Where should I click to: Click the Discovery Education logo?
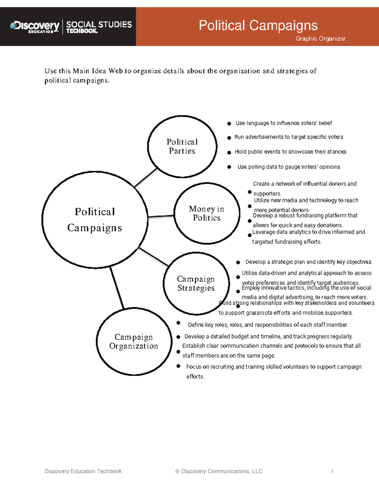click(35, 27)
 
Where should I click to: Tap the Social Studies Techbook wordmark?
click(99, 27)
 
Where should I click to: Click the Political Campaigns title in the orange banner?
click(258, 25)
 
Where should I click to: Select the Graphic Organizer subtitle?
click(320, 39)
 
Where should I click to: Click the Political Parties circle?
click(182, 146)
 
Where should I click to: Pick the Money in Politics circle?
click(207, 213)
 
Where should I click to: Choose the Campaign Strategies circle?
click(196, 283)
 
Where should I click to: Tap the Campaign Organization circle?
click(134, 341)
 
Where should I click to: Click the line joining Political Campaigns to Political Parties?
click(146, 177)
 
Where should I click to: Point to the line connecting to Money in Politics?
click(161, 216)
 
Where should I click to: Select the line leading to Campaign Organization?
click(117, 287)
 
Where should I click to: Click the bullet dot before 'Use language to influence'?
click(229, 124)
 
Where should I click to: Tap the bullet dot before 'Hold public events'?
click(229, 152)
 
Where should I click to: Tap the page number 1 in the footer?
click(332, 471)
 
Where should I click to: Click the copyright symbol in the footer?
click(177, 471)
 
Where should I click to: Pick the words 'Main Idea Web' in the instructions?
click(98, 71)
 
